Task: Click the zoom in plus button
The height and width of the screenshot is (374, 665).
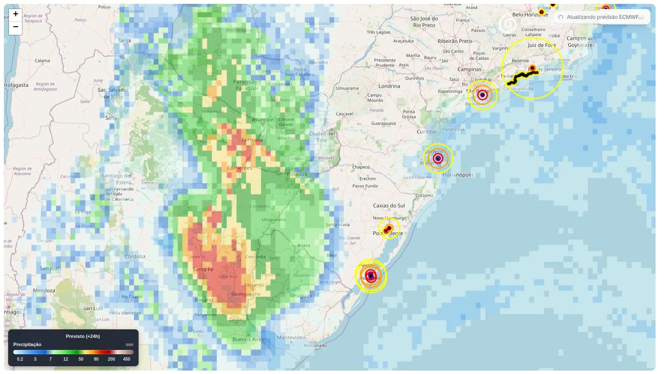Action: point(15,14)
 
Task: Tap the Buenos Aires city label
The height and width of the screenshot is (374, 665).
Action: point(248,339)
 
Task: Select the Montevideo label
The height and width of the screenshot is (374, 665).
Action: point(291,338)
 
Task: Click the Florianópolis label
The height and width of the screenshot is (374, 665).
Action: point(458,175)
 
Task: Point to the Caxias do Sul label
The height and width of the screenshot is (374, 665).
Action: point(389,206)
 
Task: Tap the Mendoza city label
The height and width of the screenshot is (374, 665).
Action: point(44,291)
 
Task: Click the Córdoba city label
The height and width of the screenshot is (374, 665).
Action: point(135,257)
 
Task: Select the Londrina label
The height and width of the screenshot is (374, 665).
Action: point(389,86)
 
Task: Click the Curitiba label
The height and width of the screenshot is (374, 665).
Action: point(426,132)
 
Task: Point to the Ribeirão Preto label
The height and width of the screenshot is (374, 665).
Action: point(454,41)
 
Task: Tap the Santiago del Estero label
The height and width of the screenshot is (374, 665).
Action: point(117,179)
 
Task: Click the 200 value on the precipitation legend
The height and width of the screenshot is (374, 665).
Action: point(111,359)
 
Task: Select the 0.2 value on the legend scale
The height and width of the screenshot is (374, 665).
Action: point(20,359)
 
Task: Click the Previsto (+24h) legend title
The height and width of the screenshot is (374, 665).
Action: point(82,336)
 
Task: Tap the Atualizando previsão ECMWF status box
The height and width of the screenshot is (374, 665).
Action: point(602,17)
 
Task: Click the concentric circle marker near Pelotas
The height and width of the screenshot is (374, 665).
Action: point(371,276)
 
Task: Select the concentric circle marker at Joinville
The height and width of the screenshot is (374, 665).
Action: point(438,158)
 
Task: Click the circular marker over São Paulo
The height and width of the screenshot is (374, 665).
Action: point(482,95)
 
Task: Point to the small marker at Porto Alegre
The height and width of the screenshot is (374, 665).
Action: point(388,228)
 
